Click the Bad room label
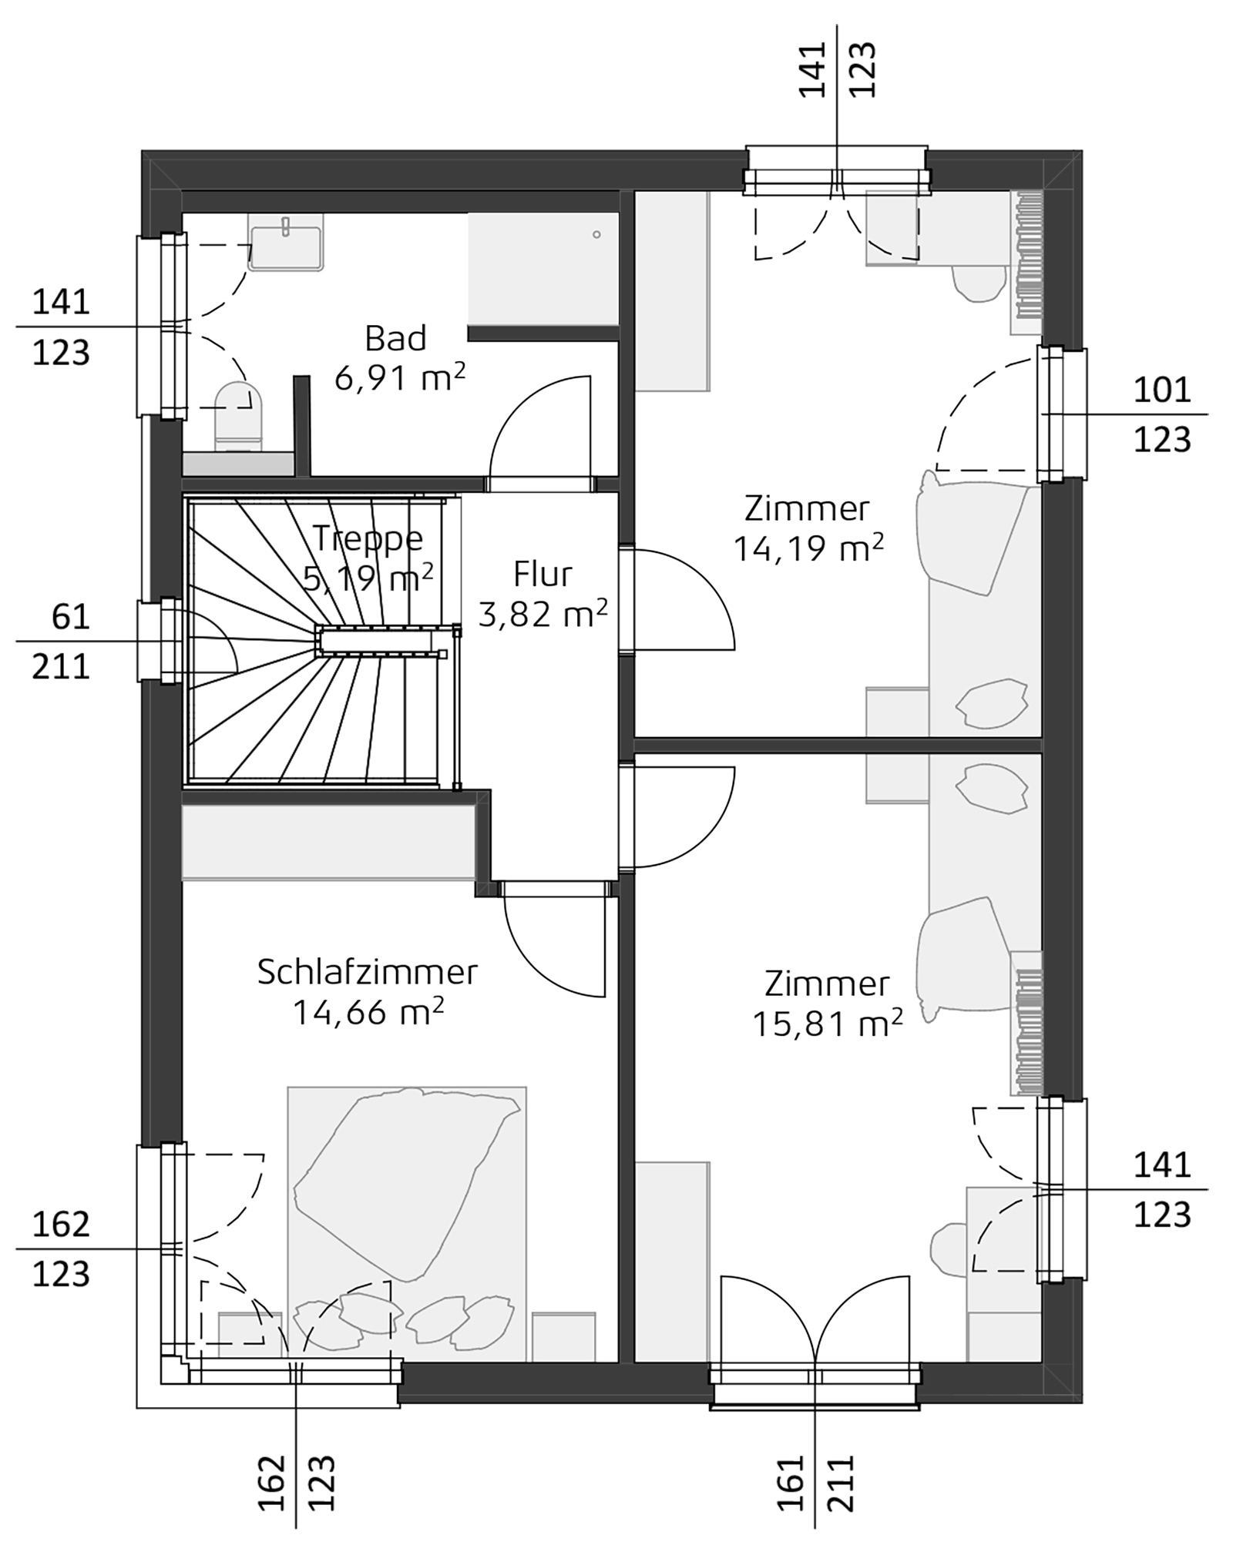pos(395,339)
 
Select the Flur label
pos(543,575)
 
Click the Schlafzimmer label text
pos(367,972)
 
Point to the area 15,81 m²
pos(826,1024)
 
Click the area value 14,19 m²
pos(807,549)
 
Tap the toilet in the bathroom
pos(238,417)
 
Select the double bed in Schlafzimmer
pos(406,1225)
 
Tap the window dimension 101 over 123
pos(1161,415)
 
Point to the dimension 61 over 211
pos(62,641)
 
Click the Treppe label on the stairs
pos(368,538)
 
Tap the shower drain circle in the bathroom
pos(596,235)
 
